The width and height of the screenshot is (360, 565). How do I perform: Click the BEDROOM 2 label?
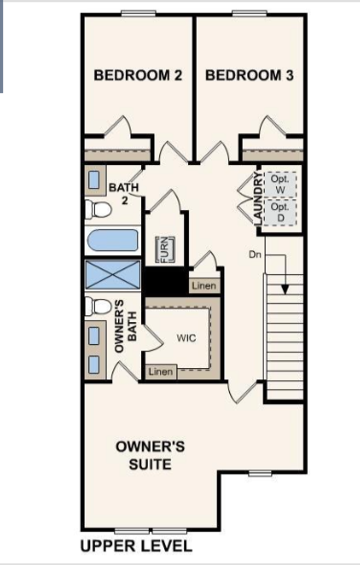pyautogui.click(x=138, y=75)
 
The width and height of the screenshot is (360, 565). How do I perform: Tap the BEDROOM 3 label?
pyautogui.click(x=250, y=75)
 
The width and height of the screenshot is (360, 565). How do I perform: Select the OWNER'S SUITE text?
pyautogui.click(x=150, y=456)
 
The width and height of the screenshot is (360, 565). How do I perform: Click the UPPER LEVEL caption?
pyautogui.click(x=136, y=546)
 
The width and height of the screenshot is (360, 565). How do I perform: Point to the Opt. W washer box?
pyautogui.click(x=280, y=185)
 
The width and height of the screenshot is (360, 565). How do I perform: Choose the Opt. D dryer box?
pyautogui.click(x=280, y=212)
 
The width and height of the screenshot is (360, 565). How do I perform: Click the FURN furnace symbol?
pyautogui.click(x=165, y=249)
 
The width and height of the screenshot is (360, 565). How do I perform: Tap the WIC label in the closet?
pyautogui.click(x=187, y=338)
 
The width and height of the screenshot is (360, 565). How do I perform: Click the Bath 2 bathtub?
pyautogui.click(x=113, y=240)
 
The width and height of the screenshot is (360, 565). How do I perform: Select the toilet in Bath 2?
pyautogui.click(x=98, y=210)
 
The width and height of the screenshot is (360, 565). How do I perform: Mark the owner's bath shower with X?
pyautogui.click(x=113, y=275)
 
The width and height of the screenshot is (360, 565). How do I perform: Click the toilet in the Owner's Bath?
pyautogui.click(x=98, y=307)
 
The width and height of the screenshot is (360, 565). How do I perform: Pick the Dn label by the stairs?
pyautogui.click(x=255, y=254)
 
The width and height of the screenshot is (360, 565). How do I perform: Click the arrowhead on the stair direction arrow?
pyautogui.click(x=285, y=289)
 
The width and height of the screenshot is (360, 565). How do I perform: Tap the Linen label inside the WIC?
pyautogui.click(x=161, y=371)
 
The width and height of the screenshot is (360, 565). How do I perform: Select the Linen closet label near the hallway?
pyautogui.click(x=204, y=286)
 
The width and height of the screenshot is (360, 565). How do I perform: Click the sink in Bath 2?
pyautogui.click(x=94, y=180)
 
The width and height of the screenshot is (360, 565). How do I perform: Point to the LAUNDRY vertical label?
pyautogui.click(x=257, y=199)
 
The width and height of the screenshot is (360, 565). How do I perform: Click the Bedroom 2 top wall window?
pyautogui.click(x=138, y=13)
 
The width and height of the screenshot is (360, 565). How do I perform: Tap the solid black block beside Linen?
pyautogui.click(x=166, y=281)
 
